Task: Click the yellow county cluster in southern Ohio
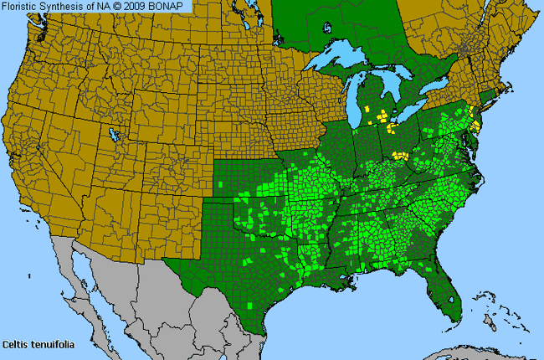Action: [401, 156]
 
